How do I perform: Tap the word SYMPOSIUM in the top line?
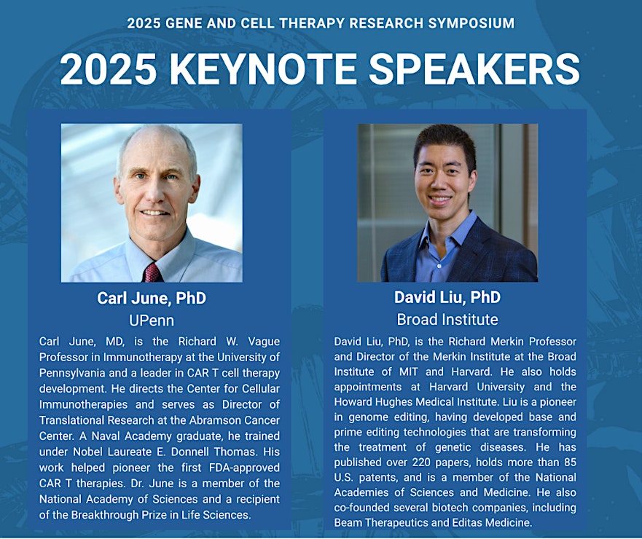(471, 23)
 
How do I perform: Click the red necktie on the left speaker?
(152, 272)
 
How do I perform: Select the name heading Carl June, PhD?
(152, 298)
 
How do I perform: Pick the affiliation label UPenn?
(152, 320)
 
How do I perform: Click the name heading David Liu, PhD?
(447, 297)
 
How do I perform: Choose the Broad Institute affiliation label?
(447, 319)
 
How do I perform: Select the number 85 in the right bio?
(570, 462)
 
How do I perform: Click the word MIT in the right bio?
(409, 371)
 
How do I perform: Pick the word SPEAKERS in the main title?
(474, 69)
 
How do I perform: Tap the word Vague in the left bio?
(264, 342)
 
